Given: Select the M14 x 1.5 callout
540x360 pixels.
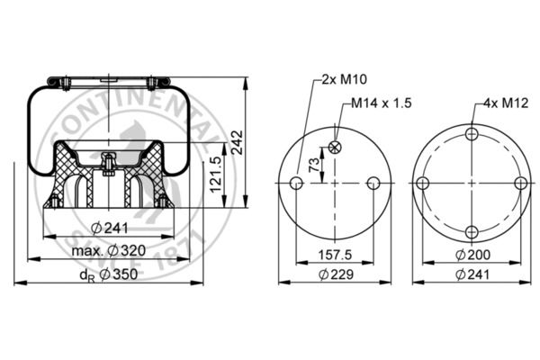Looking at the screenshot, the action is click(x=381, y=103).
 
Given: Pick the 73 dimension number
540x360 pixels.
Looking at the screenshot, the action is click(x=314, y=165).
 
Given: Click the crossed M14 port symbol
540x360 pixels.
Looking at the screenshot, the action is click(x=335, y=147).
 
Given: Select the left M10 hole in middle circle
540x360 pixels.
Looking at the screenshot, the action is click(x=296, y=184).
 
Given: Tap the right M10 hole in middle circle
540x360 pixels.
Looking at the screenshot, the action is click(x=373, y=184).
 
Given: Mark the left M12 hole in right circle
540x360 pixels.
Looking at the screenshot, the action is click(x=422, y=184).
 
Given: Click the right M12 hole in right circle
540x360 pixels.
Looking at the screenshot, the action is click(x=520, y=184).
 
